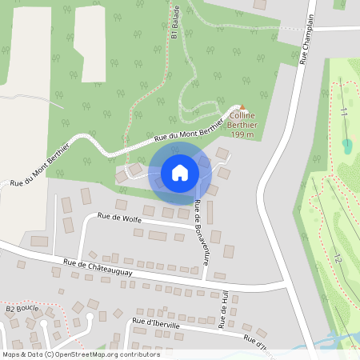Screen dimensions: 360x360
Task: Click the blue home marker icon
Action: (180, 173)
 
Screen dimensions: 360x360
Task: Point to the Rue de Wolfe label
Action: (118, 215)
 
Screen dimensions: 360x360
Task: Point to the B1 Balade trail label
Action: (174, 21)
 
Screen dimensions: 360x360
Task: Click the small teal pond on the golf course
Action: (346, 146)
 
